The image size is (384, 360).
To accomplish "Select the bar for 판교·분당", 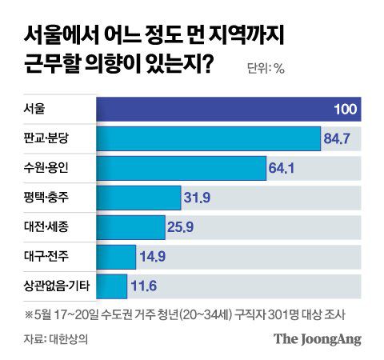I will pos(208,138).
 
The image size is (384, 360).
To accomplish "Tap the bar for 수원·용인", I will pos(181,168).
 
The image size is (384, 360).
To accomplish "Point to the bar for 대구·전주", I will pos(116,257).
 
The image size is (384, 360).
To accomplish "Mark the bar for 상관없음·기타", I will pos(112,286).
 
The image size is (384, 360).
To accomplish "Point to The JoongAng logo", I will pos(318,338).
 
